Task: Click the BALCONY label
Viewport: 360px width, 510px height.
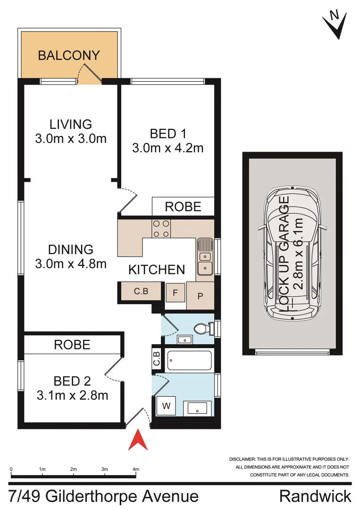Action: (x=69, y=55)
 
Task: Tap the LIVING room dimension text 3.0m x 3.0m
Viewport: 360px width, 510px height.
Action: (x=71, y=139)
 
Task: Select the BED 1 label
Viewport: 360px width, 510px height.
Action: (x=167, y=134)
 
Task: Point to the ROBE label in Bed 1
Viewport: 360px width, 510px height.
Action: (x=183, y=207)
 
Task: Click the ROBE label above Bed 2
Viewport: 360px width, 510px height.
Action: (x=72, y=345)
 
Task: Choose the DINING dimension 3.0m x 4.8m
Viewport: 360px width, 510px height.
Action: (x=71, y=263)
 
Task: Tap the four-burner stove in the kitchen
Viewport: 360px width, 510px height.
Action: (x=161, y=229)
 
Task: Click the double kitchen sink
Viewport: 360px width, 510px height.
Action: (x=205, y=263)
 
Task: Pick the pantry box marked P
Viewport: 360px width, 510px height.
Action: (x=200, y=296)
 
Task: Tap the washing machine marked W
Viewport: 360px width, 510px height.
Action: (x=166, y=406)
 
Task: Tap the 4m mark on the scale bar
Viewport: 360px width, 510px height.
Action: (x=136, y=469)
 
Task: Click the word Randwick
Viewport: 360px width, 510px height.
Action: (x=315, y=496)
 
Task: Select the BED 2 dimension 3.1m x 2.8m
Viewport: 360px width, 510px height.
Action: (x=72, y=395)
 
